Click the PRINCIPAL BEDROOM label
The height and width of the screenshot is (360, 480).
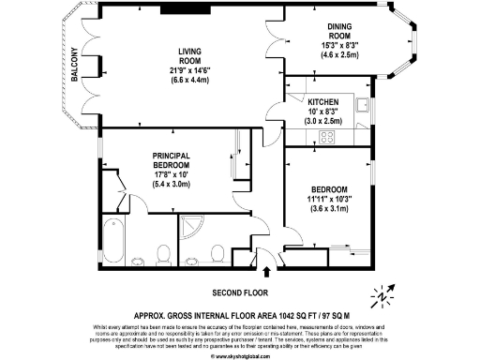tap(172, 159)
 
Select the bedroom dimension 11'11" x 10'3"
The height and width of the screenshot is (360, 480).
tap(335, 198)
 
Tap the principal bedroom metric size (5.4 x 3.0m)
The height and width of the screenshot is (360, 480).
tap(172, 185)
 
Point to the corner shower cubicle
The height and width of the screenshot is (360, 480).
tap(192, 230)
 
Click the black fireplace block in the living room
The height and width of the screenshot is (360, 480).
tap(175, 10)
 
